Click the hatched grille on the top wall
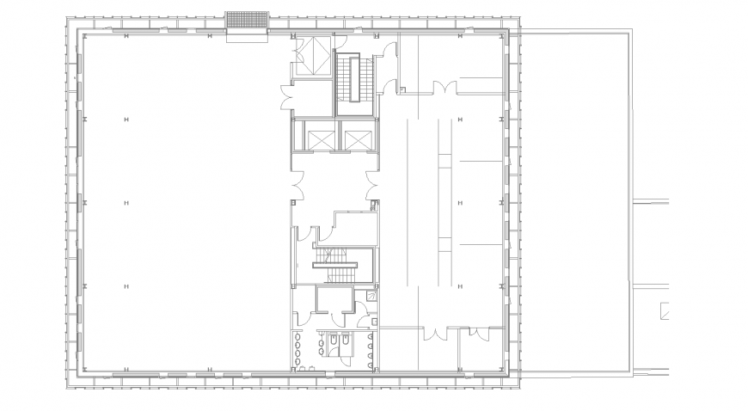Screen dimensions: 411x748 point(248,20)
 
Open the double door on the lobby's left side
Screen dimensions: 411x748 point(297,184)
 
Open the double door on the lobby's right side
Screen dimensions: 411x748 point(372,183)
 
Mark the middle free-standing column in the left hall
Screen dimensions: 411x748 point(126,203)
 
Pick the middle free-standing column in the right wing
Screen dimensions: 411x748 point(460,203)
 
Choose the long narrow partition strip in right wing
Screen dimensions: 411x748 point(445,203)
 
